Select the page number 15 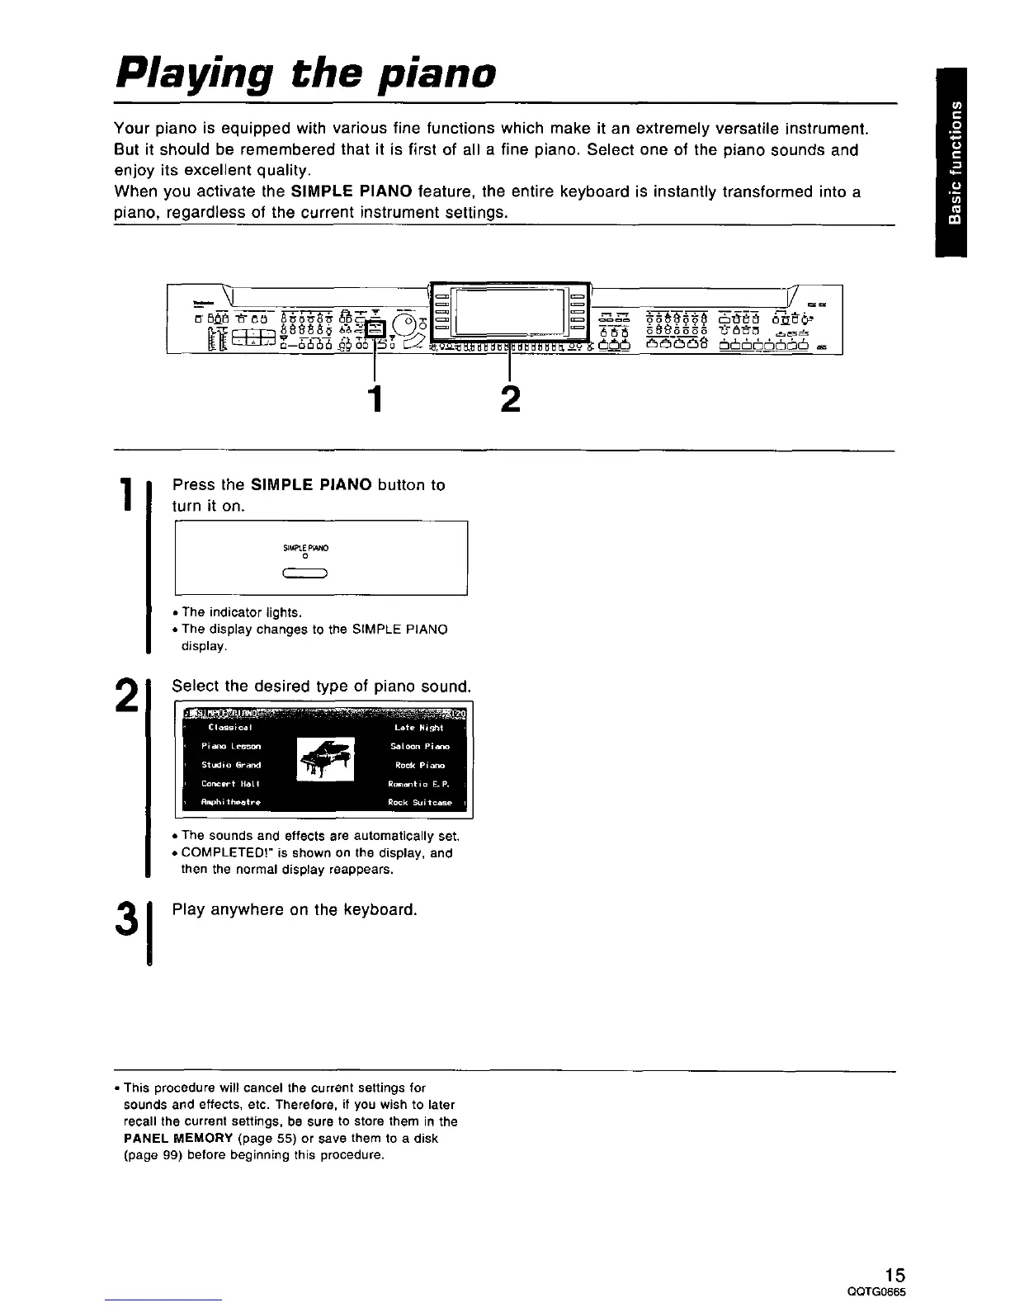tap(894, 1274)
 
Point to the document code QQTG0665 tap(884, 1291)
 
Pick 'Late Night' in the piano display tap(419, 728)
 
